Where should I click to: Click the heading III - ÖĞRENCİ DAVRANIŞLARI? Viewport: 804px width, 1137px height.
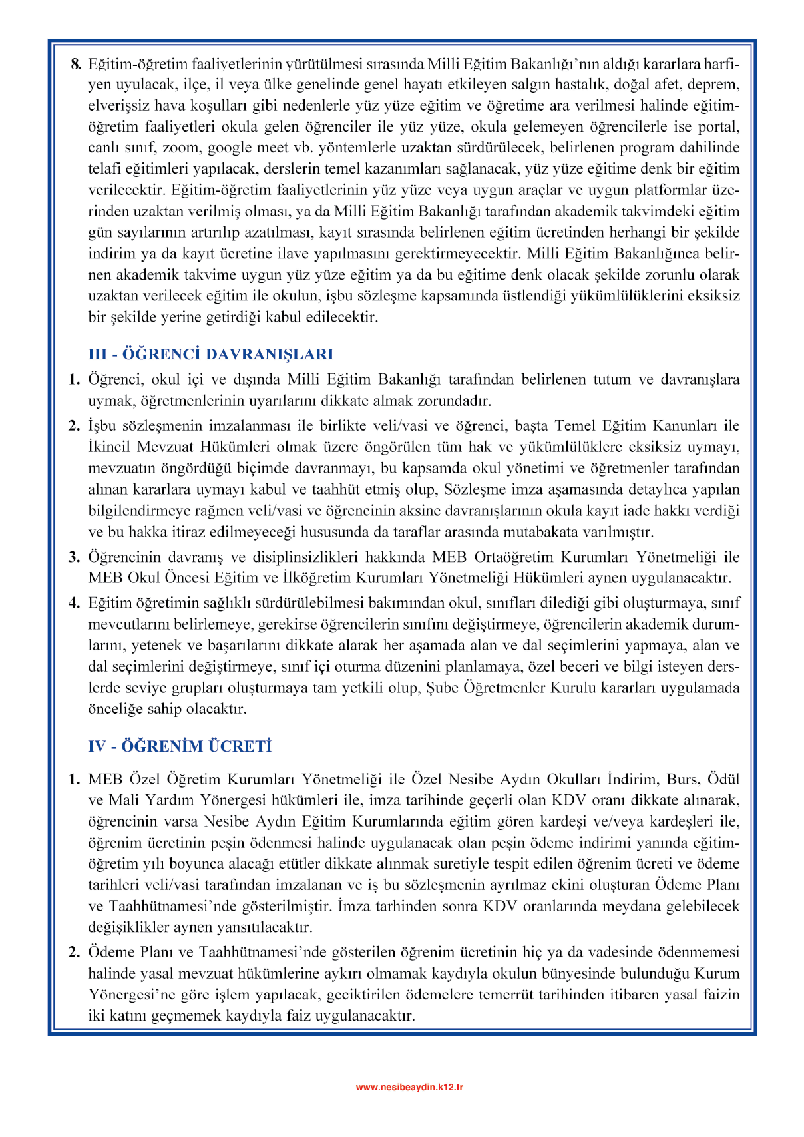(210, 354)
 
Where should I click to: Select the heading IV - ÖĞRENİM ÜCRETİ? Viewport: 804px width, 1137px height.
(180, 746)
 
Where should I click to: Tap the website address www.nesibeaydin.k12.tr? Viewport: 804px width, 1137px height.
(409, 1087)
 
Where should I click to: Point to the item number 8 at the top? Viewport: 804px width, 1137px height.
(76, 64)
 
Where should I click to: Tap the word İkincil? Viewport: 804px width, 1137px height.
(110, 447)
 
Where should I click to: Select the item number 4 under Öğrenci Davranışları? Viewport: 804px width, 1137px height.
(74, 603)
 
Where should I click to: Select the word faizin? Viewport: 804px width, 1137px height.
(721, 995)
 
